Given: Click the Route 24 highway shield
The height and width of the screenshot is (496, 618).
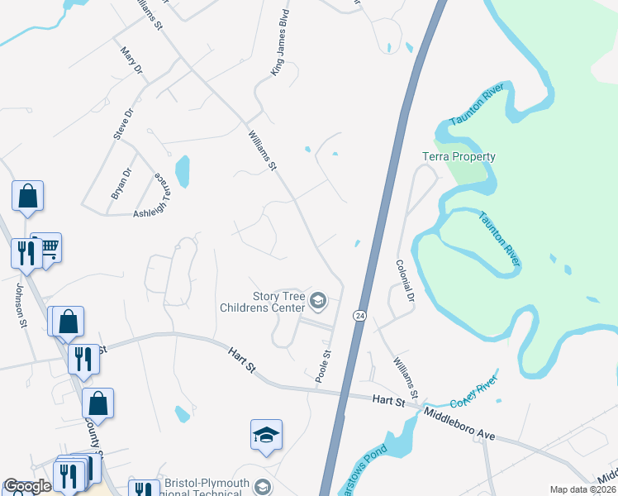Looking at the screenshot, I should pos(359,316).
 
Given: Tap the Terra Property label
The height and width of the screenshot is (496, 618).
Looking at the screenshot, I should pos(459,156).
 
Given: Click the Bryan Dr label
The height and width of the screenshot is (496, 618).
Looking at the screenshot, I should pos(121,184).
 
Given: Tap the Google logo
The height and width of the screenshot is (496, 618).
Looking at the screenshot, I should pos(27,486).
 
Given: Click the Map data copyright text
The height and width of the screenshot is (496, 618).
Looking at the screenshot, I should pos(582,489).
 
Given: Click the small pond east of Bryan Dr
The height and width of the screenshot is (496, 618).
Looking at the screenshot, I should pos(183,171).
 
